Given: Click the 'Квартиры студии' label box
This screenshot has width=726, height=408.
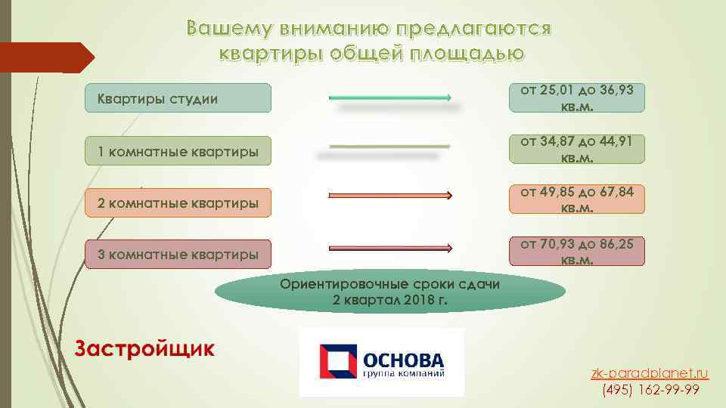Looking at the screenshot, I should coord(178,98).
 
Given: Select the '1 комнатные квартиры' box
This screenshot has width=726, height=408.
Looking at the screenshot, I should coord(178,153).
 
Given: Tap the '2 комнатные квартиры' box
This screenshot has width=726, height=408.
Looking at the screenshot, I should coord(178,203).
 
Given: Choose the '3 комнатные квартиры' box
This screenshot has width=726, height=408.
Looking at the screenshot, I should coord(178,254).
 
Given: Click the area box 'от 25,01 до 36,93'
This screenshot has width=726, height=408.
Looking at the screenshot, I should coord(577,98).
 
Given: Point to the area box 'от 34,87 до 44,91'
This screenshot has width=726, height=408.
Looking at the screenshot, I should coord(577,149).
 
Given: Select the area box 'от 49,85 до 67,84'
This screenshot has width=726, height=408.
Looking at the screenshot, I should coord(577,199).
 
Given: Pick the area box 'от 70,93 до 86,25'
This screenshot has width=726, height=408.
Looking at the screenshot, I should coord(577,251).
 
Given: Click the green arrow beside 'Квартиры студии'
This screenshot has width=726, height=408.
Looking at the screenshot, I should coord(390,97).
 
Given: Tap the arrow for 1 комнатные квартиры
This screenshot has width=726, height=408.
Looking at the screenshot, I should coord(390,146).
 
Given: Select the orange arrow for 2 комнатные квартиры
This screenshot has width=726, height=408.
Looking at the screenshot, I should coord(390,196).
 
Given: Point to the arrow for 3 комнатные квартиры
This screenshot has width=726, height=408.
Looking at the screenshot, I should coord(390,247).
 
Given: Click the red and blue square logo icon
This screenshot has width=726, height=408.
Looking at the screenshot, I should coord(335,361).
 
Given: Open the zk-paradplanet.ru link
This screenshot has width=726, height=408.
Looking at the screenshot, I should coord(650,373).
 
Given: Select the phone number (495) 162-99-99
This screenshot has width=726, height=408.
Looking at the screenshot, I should coord(650,390).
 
